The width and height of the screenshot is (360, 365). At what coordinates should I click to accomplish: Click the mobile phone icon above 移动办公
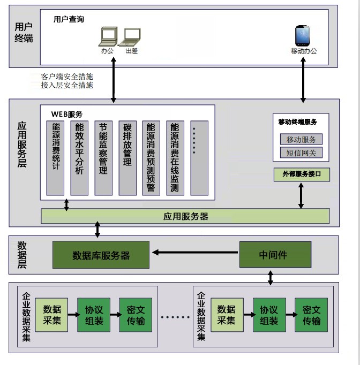[303, 35]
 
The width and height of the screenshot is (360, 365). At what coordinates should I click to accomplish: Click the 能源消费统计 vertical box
[56, 158]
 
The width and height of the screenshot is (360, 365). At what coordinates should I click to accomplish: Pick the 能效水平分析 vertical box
[79, 158]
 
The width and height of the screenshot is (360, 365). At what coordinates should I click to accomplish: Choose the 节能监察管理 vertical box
[103, 158]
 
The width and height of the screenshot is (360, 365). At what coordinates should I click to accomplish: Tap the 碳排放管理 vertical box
[127, 158]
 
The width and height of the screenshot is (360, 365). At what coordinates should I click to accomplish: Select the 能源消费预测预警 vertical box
[151, 158]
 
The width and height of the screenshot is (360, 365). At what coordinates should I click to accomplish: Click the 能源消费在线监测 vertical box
[175, 158]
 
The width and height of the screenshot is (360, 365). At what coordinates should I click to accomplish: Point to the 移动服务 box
[301, 139]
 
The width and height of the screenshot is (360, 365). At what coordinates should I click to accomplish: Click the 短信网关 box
[301, 153]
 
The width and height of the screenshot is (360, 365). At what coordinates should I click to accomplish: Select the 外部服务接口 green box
[301, 174]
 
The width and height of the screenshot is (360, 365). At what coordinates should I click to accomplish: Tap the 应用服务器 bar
[185, 216]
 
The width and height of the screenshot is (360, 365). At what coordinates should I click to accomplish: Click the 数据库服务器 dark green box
[101, 255]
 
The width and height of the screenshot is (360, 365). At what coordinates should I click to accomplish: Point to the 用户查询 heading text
[69, 19]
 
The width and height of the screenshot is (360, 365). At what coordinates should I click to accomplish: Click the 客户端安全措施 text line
[67, 77]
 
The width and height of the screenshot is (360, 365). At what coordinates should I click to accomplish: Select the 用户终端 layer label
[24, 32]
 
